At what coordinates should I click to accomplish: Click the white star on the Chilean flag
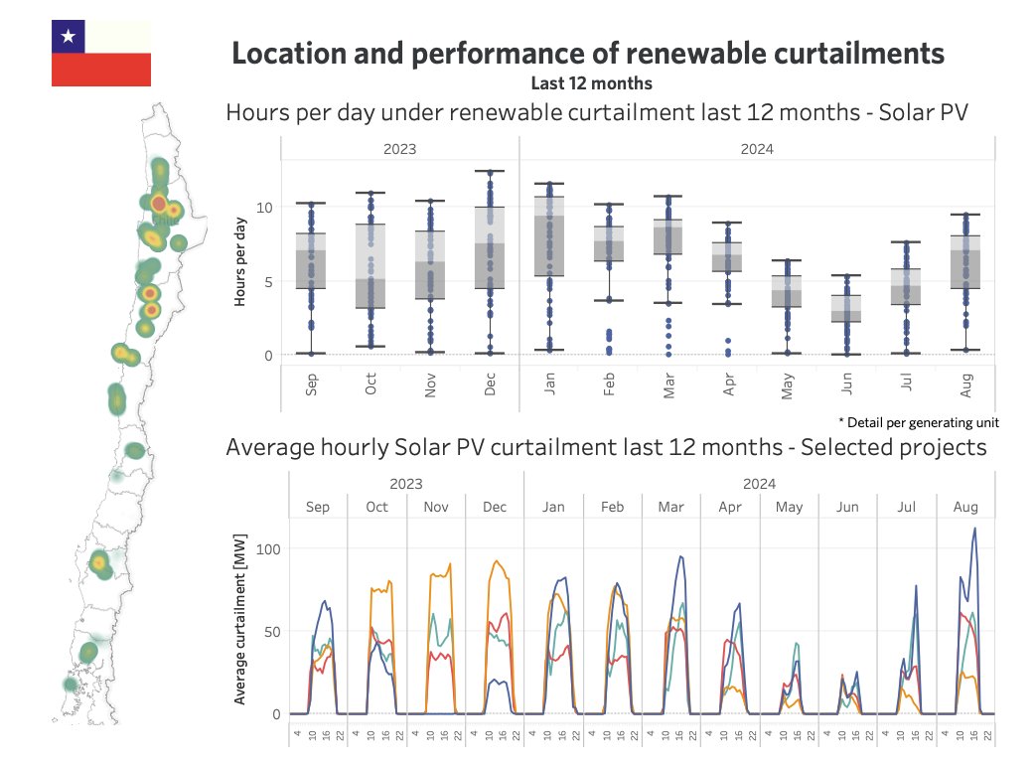[68, 37]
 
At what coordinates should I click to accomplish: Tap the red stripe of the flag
[100, 70]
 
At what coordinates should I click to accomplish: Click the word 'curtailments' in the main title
[843, 54]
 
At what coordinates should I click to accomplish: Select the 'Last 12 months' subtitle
[590, 82]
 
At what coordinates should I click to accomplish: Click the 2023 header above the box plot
[399, 149]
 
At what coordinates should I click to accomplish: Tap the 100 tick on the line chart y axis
[265, 548]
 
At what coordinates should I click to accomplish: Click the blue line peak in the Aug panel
[974, 529]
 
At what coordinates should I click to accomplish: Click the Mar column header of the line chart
[670, 507]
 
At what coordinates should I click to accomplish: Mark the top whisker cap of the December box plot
[490, 172]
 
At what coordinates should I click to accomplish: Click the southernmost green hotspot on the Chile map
[70, 684]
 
